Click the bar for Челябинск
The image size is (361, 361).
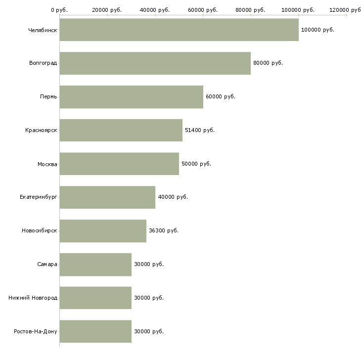(179, 30)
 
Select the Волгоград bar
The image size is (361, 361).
(155, 63)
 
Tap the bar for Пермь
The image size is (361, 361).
(131, 97)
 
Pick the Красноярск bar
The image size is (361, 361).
(121, 130)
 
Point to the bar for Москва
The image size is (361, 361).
(119, 164)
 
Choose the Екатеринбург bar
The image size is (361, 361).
(107, 197)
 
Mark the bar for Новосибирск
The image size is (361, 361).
(103, 231)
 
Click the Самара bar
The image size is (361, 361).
(95, 265)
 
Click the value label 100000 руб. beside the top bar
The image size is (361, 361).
(317, 30)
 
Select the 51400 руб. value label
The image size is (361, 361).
(199, 130)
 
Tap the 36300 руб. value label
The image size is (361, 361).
(163, 231)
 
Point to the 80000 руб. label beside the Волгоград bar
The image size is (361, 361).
(268, 63)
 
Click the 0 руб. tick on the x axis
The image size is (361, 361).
(59, 10)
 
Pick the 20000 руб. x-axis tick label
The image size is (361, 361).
(107, 10)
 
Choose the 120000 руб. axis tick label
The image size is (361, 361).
(346, 10)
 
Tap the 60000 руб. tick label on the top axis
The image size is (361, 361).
(203, 10)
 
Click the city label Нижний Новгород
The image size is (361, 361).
(33, 298)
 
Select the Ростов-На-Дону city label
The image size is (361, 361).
(36, 331)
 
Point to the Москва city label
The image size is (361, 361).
(47, 164)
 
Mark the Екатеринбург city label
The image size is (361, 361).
(39, 197)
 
